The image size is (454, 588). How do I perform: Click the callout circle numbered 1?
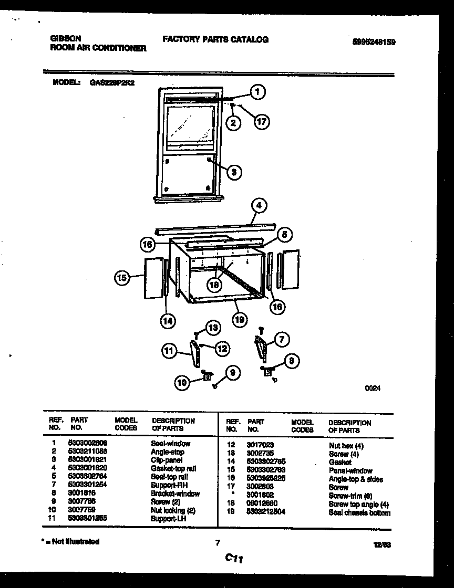[x=257, y=93]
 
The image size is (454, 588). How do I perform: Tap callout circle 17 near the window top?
[x=261, y=122]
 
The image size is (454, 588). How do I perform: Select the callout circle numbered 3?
[x=234, y=171]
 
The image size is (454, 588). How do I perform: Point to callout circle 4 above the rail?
[x=258, y=205]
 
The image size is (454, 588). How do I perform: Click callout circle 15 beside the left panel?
[x=122, y=278]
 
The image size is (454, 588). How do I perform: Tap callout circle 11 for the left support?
[x=169, y=352]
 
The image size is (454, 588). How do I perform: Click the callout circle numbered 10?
[x=182, y=383]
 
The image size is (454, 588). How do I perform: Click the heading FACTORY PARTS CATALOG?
[x=215, y=39]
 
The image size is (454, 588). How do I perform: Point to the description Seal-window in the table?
[x=171, y=444]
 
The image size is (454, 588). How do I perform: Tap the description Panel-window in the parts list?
[x=350, y=471]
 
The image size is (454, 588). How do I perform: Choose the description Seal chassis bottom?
[x=359, y=513]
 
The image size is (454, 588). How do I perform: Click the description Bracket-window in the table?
[x=175, y=494]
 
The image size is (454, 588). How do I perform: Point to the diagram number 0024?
[x=372, y=388]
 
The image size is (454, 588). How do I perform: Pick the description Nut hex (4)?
[x=346, y=446]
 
